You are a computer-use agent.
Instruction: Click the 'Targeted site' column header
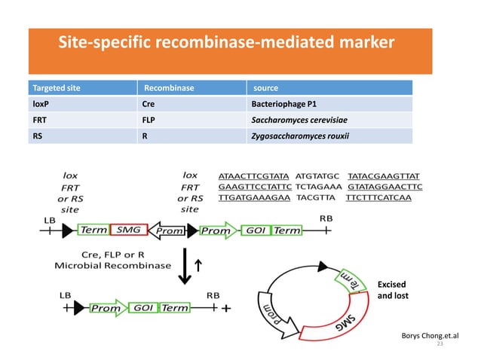57,88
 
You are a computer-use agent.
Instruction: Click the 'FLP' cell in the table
149,120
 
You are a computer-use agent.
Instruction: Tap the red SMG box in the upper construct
130,230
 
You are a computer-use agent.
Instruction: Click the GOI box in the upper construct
255,230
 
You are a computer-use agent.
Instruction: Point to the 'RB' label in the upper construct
326,217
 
